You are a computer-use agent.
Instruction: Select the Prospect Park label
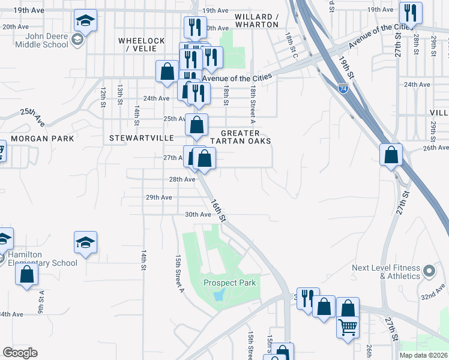tap(229, 283)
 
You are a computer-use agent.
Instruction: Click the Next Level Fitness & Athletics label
tap(386, 272)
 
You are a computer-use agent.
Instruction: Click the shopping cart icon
tap(348, 328)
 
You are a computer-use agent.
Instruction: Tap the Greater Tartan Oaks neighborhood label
tap(246, 137)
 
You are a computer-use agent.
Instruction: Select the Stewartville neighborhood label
tap(137, 138)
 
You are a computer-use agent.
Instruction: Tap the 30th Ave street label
tap(199, 214)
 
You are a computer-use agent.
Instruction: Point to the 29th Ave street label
tap(159, 197)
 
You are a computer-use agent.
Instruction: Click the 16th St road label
tap(217, 209)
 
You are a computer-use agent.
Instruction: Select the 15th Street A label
tap(179, 273)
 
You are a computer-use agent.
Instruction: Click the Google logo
tap(20, 353)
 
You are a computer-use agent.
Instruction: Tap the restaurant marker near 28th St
tap(410, 14)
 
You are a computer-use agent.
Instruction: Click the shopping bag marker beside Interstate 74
tap(391, 155)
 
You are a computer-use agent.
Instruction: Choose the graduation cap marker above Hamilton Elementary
tap(85, 243)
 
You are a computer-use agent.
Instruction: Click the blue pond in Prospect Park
tap(218, 294)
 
